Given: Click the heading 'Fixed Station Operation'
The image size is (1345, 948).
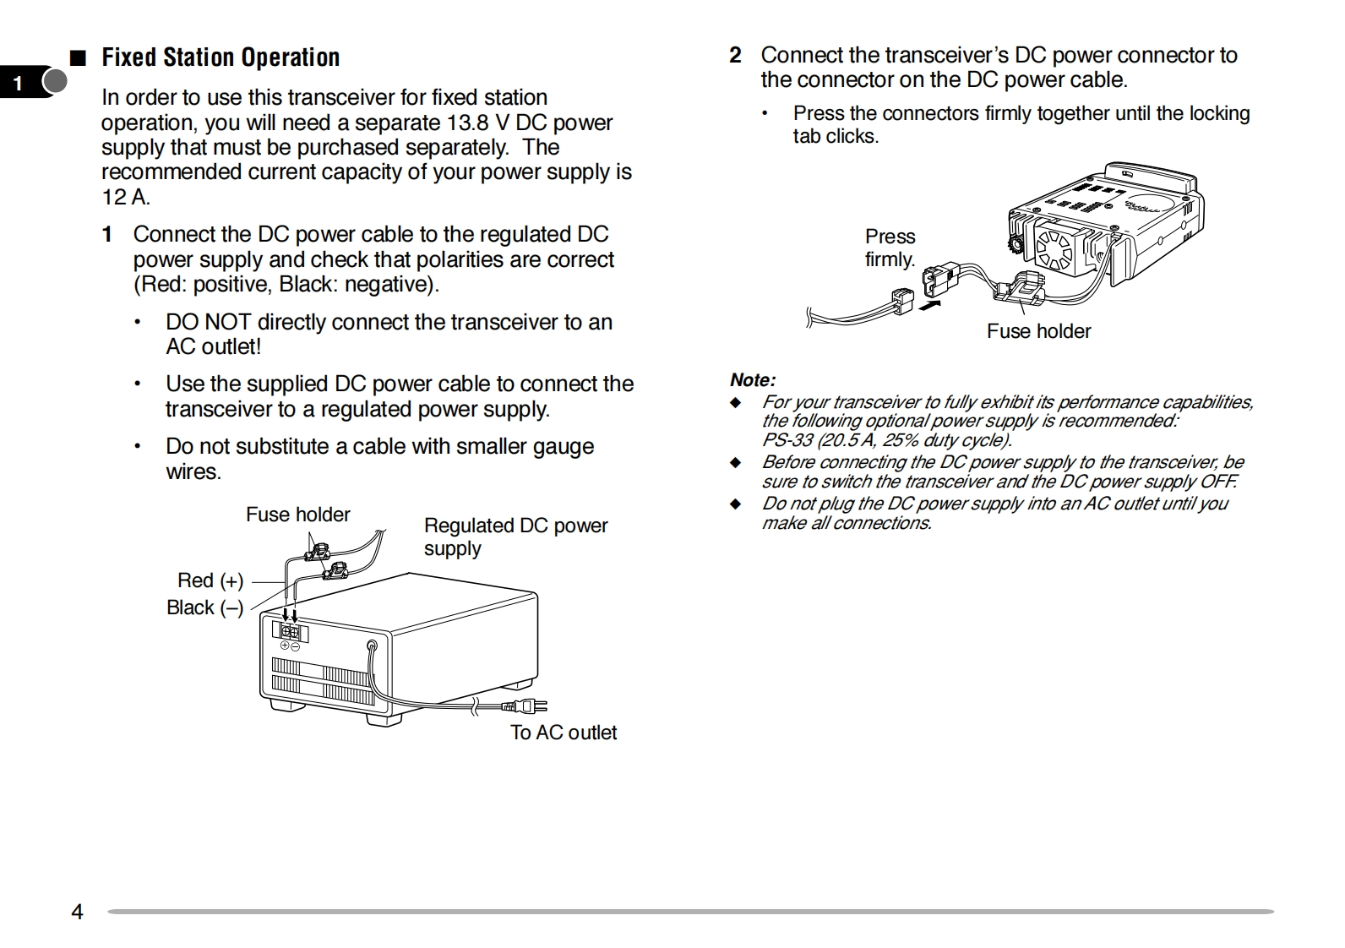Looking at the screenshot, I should point(221,57).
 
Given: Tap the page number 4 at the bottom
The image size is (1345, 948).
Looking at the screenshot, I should point(77,912).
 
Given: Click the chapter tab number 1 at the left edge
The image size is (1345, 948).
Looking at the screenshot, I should point(19,83).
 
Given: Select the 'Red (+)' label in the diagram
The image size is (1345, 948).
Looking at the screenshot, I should point(210,580).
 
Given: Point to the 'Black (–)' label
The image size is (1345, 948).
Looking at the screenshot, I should point(204,607).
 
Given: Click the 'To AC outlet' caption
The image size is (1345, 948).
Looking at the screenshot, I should point(564,733).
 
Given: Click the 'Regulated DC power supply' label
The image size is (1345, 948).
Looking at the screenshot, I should point(515,537).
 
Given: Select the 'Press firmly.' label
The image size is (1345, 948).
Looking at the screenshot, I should point(890,248).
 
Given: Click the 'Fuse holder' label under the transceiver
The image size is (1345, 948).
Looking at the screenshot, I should point(1038,331).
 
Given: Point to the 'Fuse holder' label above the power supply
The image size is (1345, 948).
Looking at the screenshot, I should point(297,515).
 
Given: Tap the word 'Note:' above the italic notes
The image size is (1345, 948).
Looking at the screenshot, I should point(752,380).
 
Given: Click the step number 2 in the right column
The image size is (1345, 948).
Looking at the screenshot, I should point(735,56).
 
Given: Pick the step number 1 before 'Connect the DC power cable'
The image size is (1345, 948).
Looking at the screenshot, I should point(107,235).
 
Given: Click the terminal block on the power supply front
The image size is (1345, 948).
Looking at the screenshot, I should point(290,632).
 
